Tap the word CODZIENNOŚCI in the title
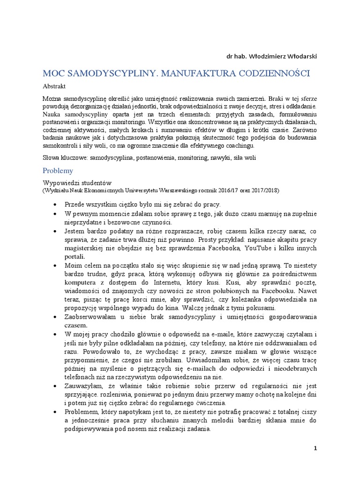266,74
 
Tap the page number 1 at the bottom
315,448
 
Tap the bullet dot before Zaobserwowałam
55,317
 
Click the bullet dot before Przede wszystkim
55,205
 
